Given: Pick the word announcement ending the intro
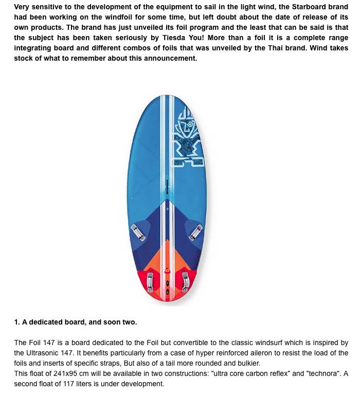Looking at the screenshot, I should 172,58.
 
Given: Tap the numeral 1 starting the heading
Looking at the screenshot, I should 16,322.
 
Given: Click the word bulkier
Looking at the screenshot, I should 248,363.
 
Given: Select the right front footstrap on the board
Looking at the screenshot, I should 195,232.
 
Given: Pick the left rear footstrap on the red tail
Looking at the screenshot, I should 150,281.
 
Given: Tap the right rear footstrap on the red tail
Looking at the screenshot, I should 184,281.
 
